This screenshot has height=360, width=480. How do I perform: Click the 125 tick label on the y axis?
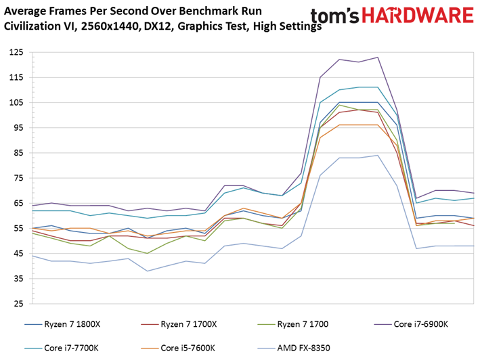pyautogui.click(x=16, y=52)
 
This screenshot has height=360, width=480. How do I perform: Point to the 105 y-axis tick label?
pyautogui.click(x=16, y=102)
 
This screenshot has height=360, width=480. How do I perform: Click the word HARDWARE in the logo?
pyautogui.click(x=418, y=16)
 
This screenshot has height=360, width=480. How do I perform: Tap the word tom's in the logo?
pyautogui.click(x=334, y=16)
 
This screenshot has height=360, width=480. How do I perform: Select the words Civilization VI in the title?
pyautogui.click(x=40, y=26)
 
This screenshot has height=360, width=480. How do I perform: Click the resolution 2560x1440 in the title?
pyautogui.click(x=110, y=26)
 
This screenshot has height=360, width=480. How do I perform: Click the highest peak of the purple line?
pyautogui.click(x=378, y=58)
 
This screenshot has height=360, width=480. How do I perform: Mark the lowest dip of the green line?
pyautogui.click(x=147, y=253)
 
